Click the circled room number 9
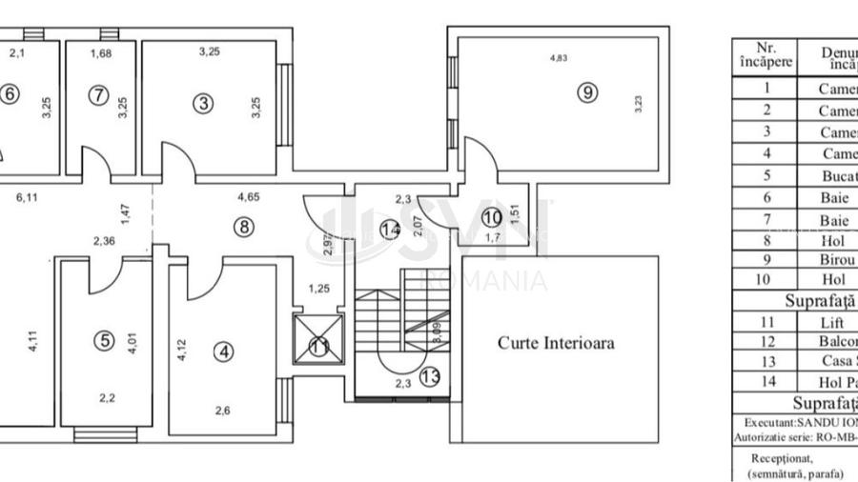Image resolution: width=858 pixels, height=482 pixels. click(x=587, y=92)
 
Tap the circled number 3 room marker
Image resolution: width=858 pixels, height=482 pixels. click(x=203, y=104)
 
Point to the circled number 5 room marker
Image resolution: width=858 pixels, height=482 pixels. click(x=104, y=339)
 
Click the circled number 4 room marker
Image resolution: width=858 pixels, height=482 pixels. click(x=224, y=352)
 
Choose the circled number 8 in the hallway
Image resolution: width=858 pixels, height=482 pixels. click(x=243, y=227)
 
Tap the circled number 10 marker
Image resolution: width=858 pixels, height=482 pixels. click(x=491, y=217)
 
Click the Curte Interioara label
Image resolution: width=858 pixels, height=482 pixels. click(x=556, y=343)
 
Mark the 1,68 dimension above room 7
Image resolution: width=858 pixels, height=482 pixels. click(x=100, y=52)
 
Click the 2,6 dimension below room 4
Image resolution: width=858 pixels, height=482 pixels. click(x=222, y=412)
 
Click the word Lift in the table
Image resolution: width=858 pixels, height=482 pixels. click(x=830, y=322)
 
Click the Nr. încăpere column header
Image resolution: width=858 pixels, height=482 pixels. click(x=766, y=53)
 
